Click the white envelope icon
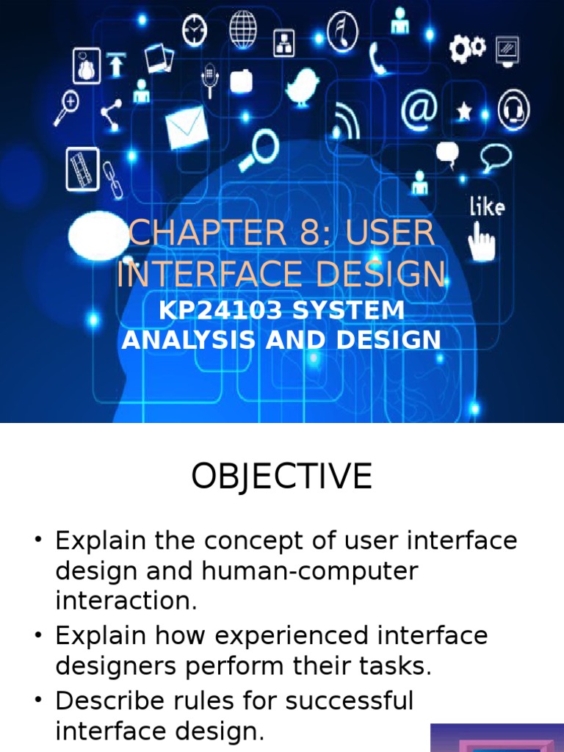[x=187, y=126]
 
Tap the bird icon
[x=303, y=87]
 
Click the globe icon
[x=243, y=30]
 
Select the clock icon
[x=195, y=31]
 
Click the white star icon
[x=464, y=112]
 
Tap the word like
[x=487, y=207]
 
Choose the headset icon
[x=513, y=111]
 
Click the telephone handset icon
[x=379, y=59]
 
